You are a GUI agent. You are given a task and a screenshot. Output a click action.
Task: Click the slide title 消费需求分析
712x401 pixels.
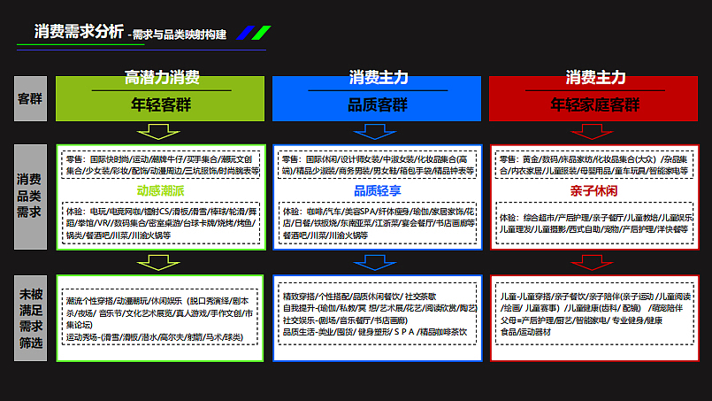[x=79, y=32]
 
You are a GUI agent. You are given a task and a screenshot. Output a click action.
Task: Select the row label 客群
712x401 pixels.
[x=30, y=99]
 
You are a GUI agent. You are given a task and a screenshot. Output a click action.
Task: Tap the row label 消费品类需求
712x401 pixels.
[x=30, y=195]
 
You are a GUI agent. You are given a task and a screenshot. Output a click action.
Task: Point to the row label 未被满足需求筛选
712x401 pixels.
[x=30, y=317]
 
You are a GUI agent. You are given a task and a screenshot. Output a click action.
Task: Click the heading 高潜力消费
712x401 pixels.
[x=162, y=77]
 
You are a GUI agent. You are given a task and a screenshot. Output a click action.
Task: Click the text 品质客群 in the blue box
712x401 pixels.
[x=377, y=104]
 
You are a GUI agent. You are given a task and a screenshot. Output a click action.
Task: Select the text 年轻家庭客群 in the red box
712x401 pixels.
[x=594, y=104]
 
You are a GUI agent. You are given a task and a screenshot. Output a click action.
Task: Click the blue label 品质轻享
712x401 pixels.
[x=378, y=189]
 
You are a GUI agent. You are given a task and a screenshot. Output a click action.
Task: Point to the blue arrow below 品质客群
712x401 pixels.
[x=378, y=133]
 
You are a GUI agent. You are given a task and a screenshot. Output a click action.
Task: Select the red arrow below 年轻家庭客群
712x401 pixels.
[x=594, y=133]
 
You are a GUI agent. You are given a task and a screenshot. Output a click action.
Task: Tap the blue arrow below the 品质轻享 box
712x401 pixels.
[x=378, y=261]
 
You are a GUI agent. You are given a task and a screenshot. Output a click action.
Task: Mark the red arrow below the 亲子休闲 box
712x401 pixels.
[x=594, y=261]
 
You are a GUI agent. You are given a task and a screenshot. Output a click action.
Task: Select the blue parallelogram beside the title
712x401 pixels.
[x=260, y=34]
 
